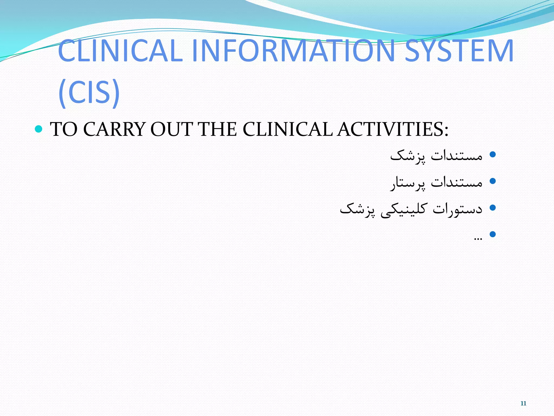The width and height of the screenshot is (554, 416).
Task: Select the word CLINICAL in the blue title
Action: point(120,51)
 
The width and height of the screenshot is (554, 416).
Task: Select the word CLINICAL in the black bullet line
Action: point(288,129)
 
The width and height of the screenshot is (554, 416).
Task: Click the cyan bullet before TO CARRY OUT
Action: point(39,129)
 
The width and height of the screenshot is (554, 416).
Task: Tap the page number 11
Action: point(523,403)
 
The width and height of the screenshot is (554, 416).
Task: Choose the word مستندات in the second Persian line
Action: point(457,182)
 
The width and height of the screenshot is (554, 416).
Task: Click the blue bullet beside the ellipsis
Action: point(493,234)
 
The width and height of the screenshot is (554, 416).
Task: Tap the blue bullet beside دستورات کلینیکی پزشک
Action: point(493,208)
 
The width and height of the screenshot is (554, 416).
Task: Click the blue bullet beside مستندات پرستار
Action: point(493,181)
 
